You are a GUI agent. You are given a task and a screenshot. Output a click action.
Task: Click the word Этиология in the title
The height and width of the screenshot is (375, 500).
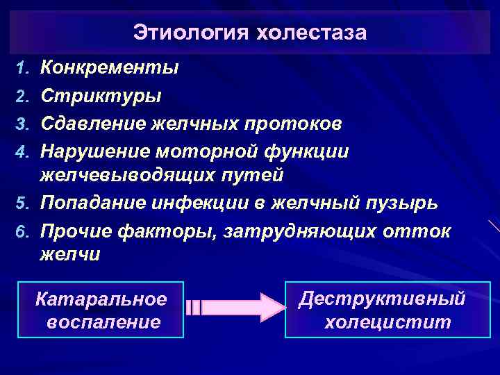click(x=189, y=33)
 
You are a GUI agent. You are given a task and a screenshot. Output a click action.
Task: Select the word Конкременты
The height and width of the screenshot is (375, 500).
click(x=110, y=68)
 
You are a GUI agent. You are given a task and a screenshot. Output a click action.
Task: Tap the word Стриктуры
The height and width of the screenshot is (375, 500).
click(x=101, y=94)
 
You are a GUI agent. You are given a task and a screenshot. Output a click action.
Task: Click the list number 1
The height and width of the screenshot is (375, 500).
click(x=22, y=69)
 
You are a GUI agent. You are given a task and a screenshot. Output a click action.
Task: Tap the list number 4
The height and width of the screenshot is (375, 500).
click(x=22, y=151)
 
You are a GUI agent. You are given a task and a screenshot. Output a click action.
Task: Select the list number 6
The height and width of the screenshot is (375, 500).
click(x=22, y=231)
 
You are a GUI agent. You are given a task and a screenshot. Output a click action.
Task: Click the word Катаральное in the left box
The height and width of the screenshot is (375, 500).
click(x=101, y=299)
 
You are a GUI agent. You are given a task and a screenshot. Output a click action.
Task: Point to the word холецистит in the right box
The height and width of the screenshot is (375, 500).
click(x=388, y=323)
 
